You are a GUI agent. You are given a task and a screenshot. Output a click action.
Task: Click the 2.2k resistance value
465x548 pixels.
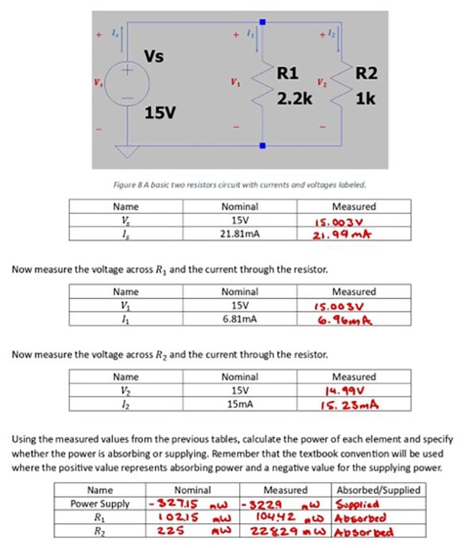293,101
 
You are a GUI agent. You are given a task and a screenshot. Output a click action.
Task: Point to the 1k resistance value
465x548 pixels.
366,101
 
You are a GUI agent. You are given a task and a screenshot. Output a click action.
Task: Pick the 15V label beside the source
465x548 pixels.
160,114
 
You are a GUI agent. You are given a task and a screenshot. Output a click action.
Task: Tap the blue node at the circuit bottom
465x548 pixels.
263,145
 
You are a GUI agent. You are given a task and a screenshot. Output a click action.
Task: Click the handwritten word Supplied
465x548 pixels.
360,504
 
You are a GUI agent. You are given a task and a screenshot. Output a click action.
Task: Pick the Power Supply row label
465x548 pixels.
100,504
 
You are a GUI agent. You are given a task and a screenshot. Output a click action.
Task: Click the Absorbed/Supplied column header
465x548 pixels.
378,490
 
